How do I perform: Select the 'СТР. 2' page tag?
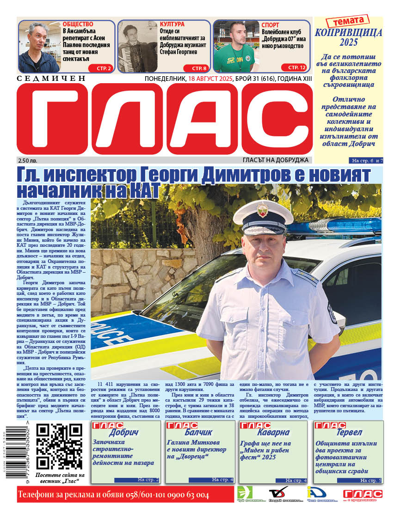[104, 68]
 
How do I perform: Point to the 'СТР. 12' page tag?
[296, 67]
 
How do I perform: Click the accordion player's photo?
[138, 46]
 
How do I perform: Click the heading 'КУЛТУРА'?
[172, 24]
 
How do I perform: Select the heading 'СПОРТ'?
[271, 25]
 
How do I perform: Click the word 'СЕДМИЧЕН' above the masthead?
[51, 79]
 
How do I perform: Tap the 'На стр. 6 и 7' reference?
[367, 160]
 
